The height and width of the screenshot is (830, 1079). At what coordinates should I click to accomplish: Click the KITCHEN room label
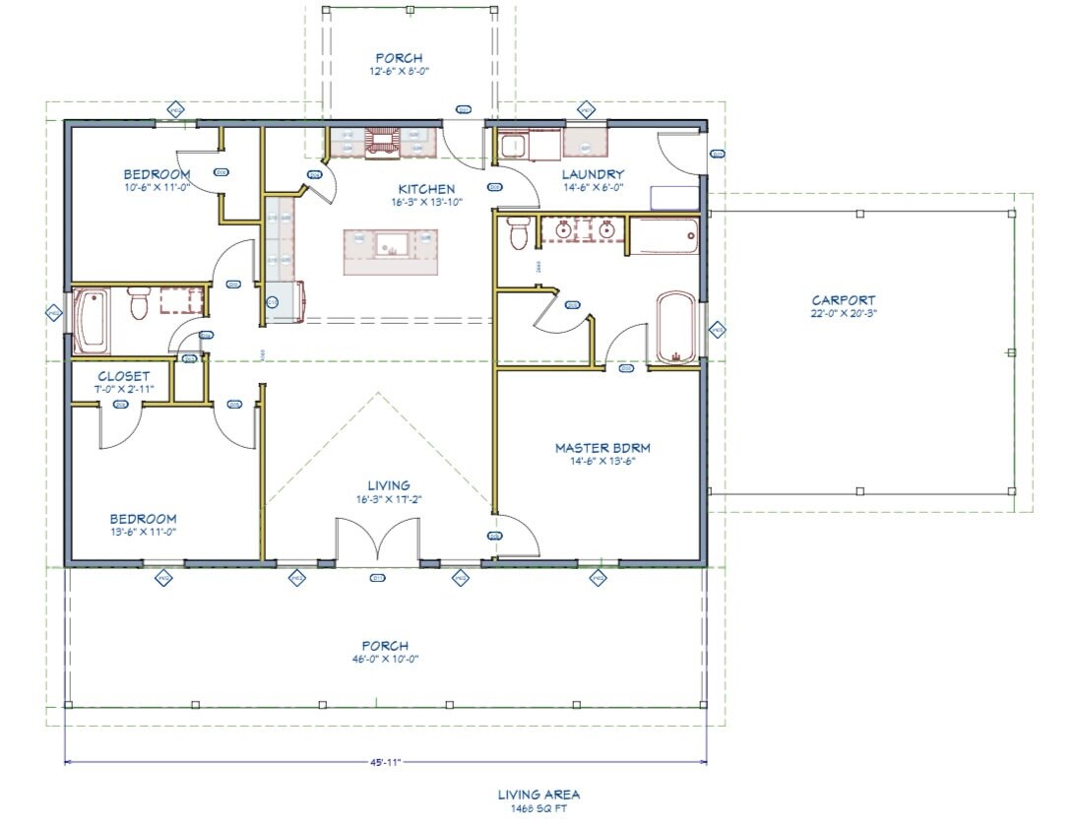click(x=426, y=189)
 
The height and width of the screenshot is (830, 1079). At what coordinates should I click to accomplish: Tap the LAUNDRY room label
click(x=594, y=175)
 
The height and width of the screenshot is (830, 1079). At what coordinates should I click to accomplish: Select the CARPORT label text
click(x=843, y=300)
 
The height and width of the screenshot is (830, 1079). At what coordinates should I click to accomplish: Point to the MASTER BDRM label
click(x=603, y=448)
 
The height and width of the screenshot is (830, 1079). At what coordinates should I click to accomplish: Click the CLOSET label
click(x=124, y=376)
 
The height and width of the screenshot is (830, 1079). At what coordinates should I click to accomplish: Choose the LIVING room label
click(x=389, y=485)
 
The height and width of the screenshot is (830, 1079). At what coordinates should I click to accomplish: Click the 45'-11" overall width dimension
click(x=385, y=761)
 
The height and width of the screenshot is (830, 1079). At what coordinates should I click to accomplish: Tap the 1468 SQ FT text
click(x=539, y=808)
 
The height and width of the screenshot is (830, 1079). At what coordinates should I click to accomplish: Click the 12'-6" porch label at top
click(x=399, y=71)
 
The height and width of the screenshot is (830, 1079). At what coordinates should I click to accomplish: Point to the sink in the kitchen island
click(x=390, y=242)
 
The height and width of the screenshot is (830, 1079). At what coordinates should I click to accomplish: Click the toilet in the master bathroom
click(x=519, y=235)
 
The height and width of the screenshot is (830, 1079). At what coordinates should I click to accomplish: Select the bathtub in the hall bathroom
click(x=92, y=320)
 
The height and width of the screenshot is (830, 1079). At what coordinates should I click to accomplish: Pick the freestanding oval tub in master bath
click(x=675, y=327)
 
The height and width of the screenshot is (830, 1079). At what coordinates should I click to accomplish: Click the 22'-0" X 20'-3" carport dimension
click(x=843, y=314)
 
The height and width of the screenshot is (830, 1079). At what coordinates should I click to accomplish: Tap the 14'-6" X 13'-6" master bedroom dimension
click(x=603, y=461)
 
